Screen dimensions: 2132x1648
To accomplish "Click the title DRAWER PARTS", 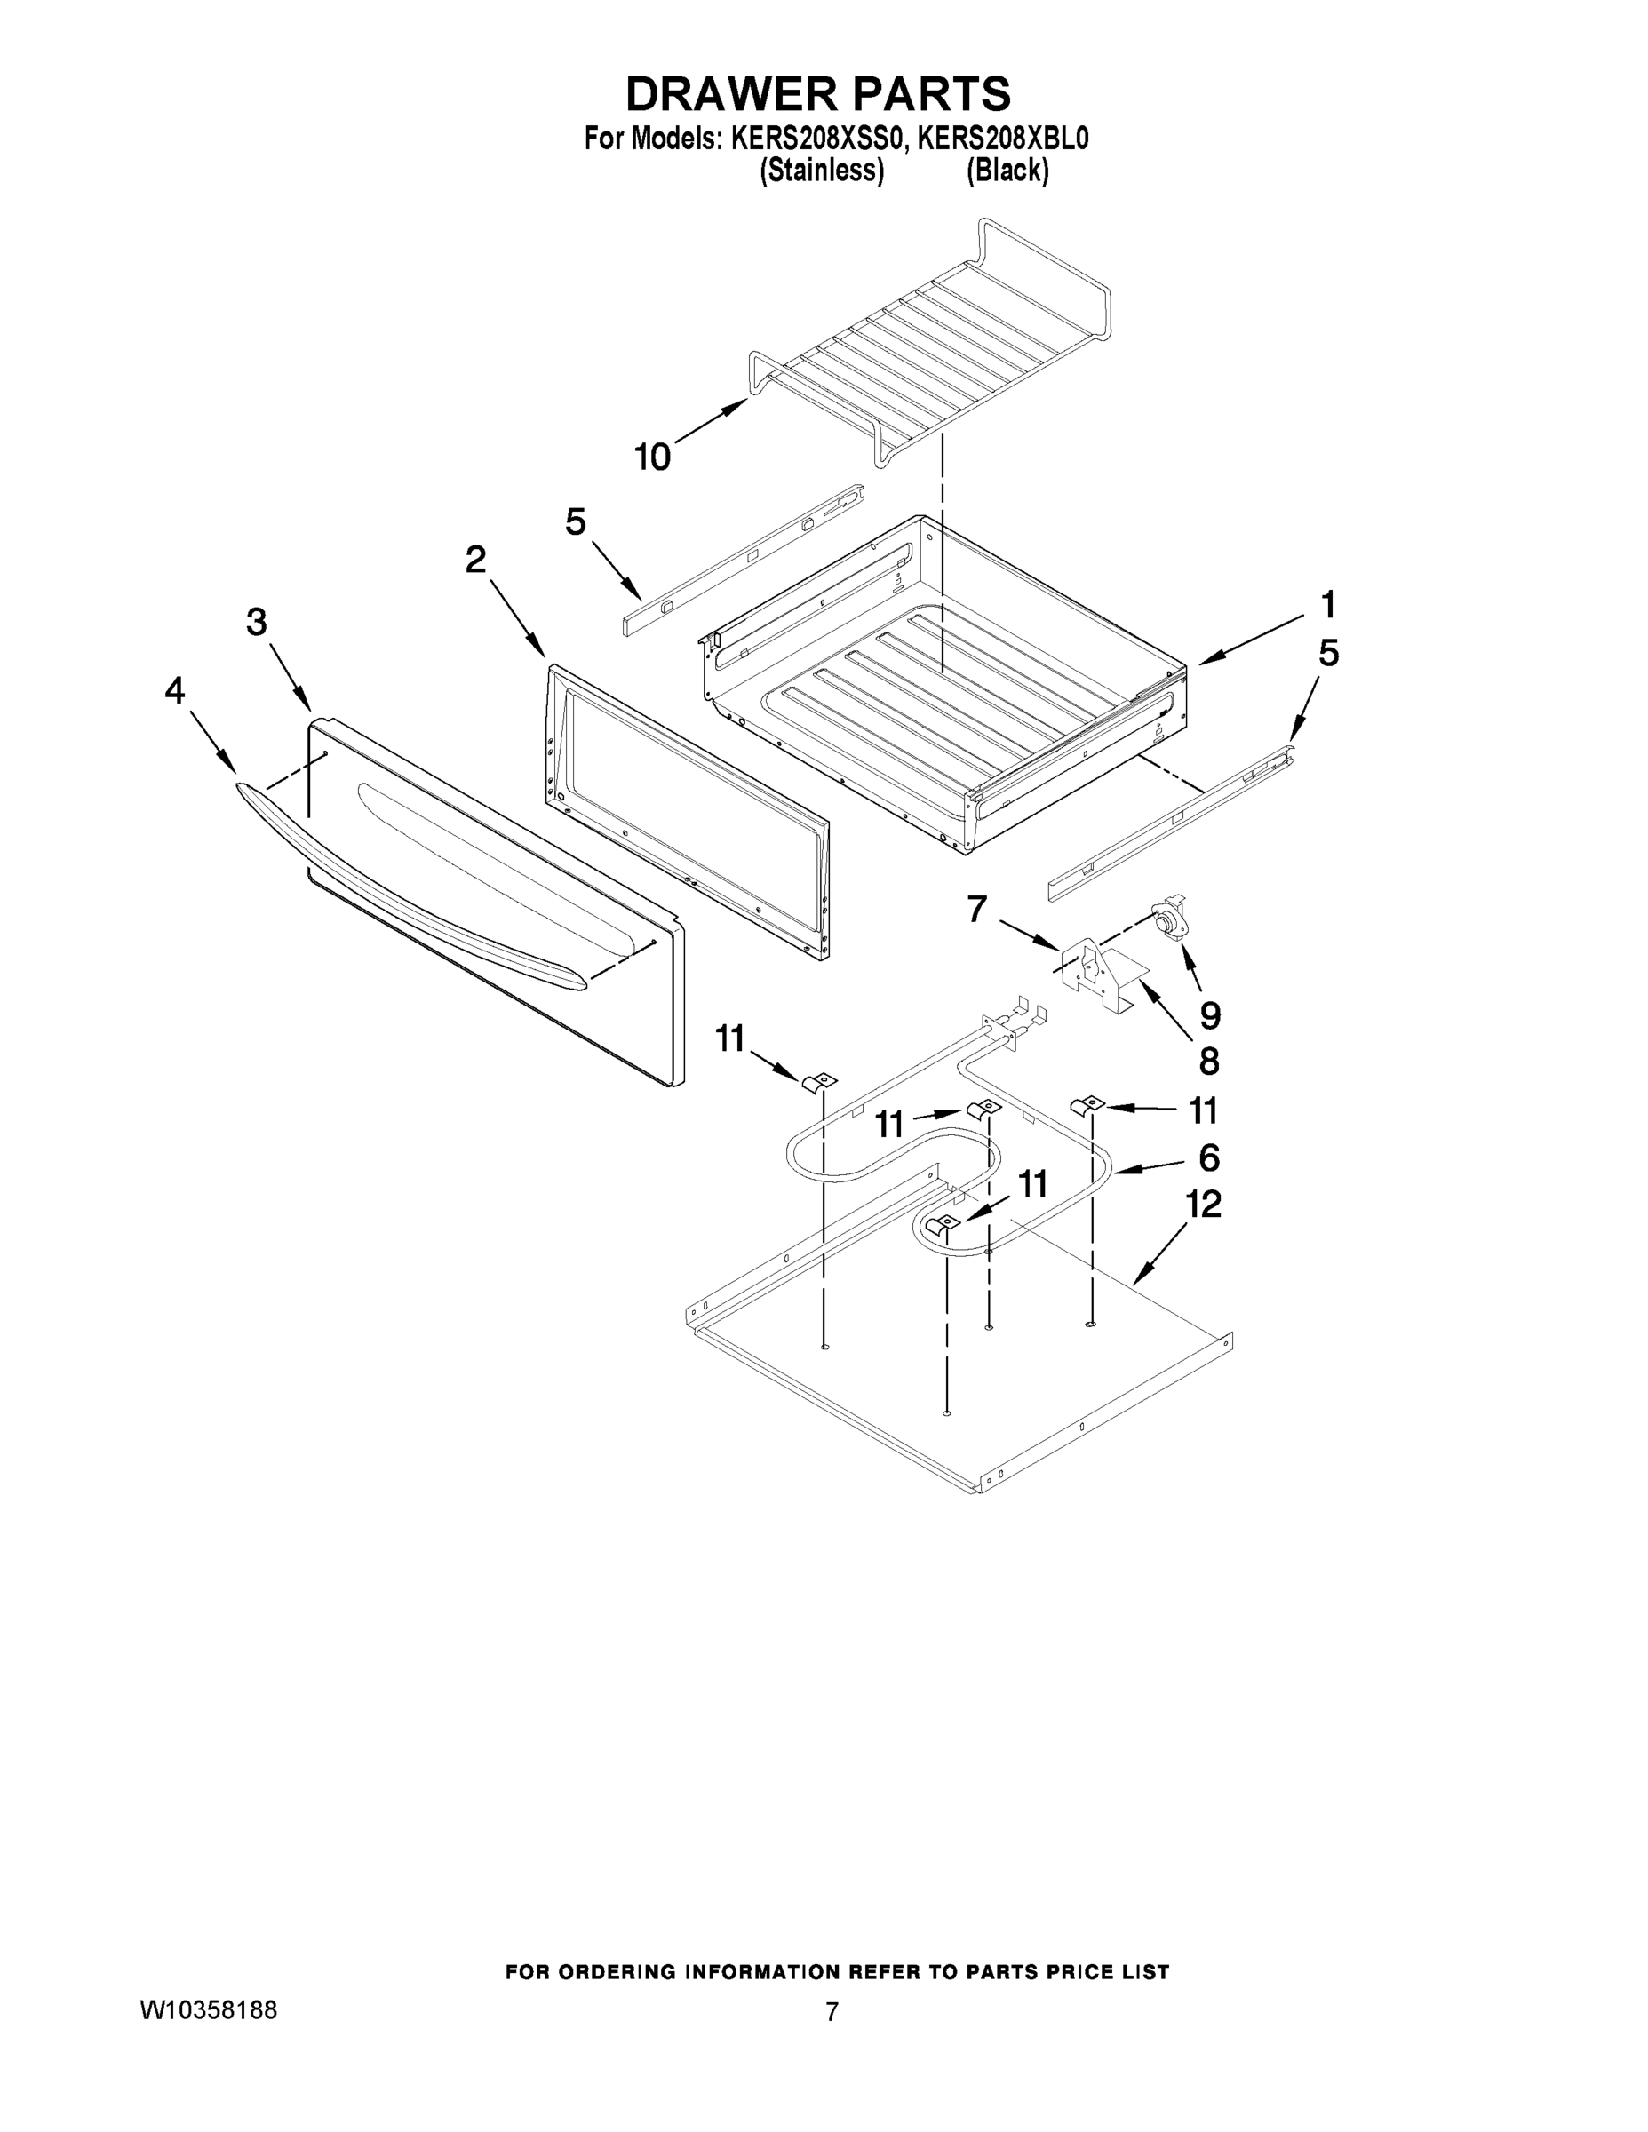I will (x=818, y=95).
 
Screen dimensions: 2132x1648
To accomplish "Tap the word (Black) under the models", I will (x=1007, y=171).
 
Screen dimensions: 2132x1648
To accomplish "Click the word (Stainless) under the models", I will (x=822, y=171).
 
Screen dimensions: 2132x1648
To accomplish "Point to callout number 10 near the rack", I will (x=652, y=457).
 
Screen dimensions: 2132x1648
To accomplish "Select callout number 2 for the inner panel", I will (x=475, y=560).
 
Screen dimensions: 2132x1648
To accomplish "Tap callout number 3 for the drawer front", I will (x=257, y=622).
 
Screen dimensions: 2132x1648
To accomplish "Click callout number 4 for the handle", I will (x=174, y=691).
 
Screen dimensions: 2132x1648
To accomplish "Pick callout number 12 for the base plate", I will (x=1203, y=1204).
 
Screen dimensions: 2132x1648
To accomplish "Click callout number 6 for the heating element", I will (x=1208, y=1157).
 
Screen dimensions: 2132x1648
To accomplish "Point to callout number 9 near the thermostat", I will (x=1210, y=1015).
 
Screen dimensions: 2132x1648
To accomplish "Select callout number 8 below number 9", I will (x=1208, y=1062).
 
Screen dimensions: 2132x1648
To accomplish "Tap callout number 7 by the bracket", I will (x=977, y=909).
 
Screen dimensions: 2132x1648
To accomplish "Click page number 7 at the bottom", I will (x=832, y=2012).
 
